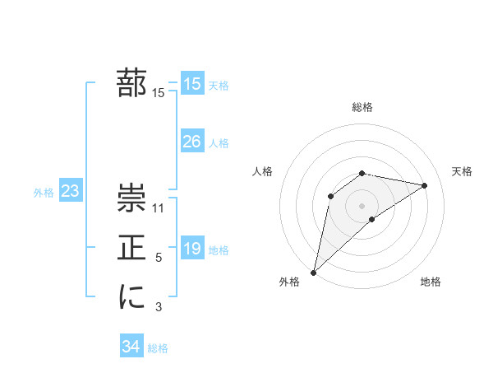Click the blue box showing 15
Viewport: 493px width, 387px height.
click(x=192, y=83)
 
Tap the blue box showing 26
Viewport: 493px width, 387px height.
click(x=192, y=142)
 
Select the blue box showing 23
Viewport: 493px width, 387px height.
click(x=70, y=192)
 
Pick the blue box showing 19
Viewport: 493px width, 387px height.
click(x=192, y=249)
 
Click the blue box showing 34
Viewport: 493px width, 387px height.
click(x=131, y=347)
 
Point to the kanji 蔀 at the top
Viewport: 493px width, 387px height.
click(x=131, y=83)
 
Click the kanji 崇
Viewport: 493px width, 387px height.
click(x=131, y=198)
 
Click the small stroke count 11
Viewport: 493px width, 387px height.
click(x=159, y=208)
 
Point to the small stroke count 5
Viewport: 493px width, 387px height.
click(x=159, y=259)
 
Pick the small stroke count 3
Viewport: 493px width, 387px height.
click(x=159, y=308)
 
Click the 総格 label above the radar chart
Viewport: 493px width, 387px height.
click(x=362, y=108)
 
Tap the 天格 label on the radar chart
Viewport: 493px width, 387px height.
click(x=463, y=171)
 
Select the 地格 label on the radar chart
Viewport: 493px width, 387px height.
click(x=431, y=282)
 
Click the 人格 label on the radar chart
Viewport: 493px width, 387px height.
click(x=262, y=171)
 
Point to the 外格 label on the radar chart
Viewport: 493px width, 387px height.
click(x=289, y=282)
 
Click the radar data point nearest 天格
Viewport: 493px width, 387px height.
click(x=425, y=185)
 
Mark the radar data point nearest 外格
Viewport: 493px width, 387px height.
click(x=313, y=272)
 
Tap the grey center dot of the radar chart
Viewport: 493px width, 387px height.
click(x=362, y=205)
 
